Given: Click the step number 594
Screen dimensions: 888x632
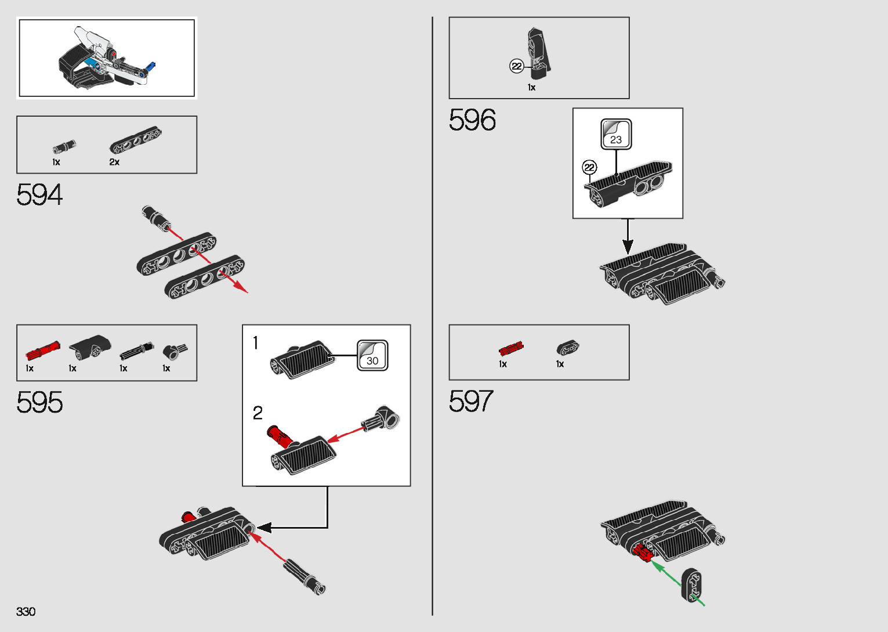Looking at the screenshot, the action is (39, 195).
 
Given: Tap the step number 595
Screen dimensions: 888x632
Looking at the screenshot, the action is (39, 402).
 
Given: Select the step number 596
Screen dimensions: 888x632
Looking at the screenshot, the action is (472, 121).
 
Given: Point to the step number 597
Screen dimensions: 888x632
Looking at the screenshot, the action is (470, 402).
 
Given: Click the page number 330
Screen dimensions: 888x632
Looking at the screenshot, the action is (26, 612).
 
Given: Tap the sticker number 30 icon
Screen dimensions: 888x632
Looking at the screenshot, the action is (372, 355).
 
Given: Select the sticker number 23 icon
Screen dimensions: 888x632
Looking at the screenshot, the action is (615, 134).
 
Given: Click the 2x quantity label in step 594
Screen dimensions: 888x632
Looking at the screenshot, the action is (114, 162).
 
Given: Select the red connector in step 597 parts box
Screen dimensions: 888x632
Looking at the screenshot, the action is (511, 349).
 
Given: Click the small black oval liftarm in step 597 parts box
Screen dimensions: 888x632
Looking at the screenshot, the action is (568, 348).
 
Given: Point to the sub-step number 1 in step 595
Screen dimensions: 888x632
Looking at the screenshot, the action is (255, 344).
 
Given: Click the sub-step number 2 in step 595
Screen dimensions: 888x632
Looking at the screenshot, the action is (258, 413).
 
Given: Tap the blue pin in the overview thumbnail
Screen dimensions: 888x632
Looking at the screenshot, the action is (152, 66).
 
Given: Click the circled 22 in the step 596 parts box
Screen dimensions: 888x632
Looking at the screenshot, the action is (516, 66).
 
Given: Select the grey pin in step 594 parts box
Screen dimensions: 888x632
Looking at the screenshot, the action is (64, 147).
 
